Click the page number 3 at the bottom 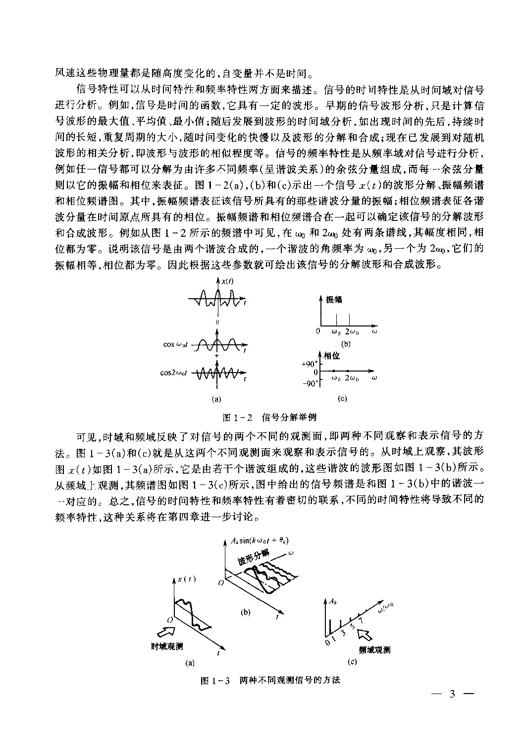click(451, 694)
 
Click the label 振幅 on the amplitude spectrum click(334, 299)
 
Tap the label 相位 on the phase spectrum click(332, 355)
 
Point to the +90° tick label click(310, 364)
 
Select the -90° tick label click(310, 383)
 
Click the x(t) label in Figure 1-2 click(228, 281)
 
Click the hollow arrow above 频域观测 click(366, 634)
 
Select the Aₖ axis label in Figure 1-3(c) click(332, 602)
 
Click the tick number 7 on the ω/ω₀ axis click(360, 620)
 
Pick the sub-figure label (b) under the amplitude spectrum click(345, 343)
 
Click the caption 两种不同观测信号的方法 click(290, 680)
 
